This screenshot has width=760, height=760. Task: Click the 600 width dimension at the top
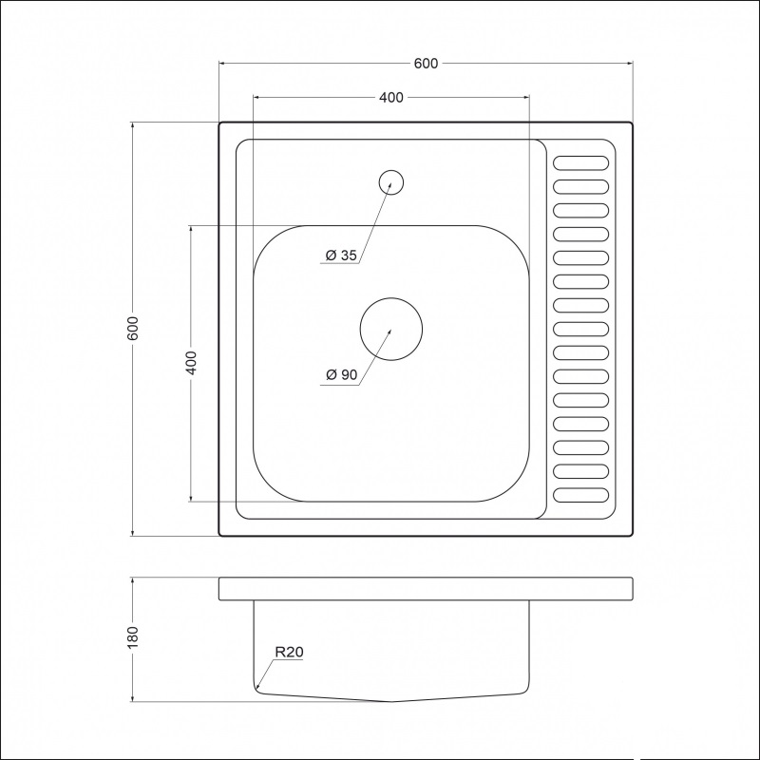426,64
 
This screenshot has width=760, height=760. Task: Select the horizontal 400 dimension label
391,98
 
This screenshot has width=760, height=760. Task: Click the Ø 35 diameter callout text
340,256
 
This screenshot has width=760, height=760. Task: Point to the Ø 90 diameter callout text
340,375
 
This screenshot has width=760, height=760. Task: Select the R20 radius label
289,653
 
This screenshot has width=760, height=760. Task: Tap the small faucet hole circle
390,181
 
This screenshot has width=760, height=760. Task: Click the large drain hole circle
390,329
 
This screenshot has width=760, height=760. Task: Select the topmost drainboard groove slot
580,162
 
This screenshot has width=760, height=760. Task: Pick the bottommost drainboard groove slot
580,495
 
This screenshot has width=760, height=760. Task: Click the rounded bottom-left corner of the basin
270,484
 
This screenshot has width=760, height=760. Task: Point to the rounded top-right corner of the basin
512,243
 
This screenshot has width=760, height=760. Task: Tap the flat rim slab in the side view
426,588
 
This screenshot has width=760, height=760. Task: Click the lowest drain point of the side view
390,701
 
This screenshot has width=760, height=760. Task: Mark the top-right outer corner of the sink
631,123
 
